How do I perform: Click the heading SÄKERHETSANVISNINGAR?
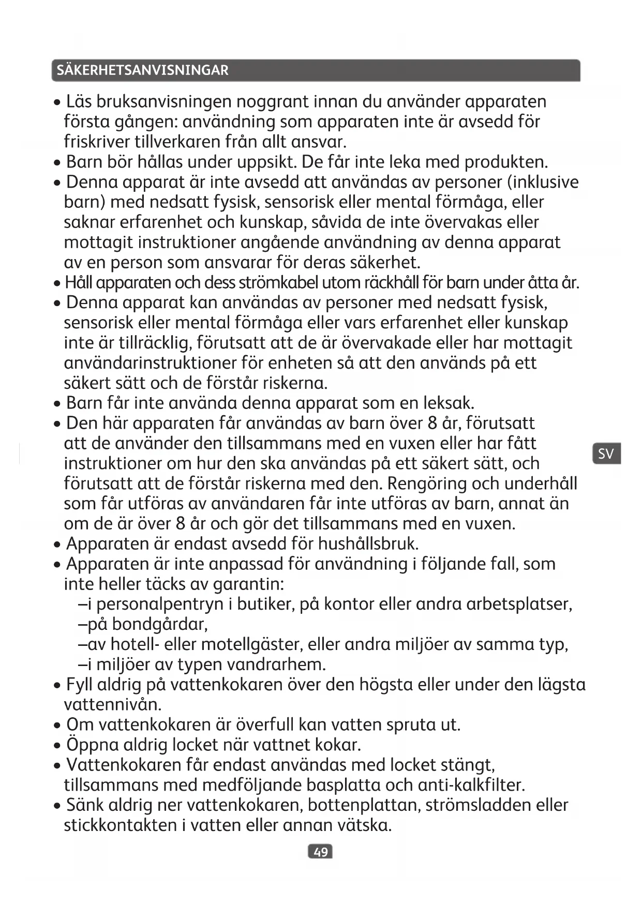142,70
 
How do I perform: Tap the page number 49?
320,851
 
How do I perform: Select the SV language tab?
606,453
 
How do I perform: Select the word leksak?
448,403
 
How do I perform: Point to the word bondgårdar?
160,624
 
